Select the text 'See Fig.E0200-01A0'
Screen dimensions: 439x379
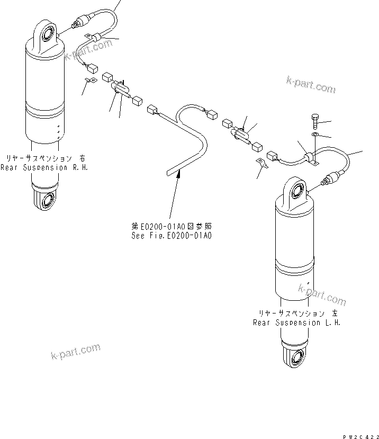(x=171, y=236)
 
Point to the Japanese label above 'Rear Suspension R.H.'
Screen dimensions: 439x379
(x=44, y=158)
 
